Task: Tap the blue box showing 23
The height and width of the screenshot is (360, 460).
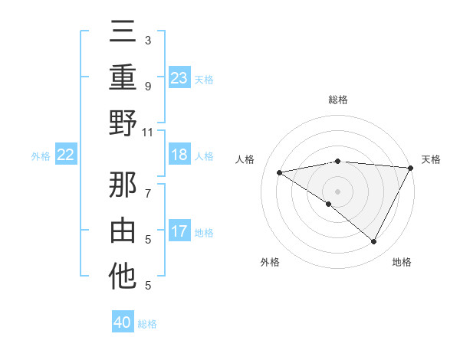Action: pyautogui.click(x=179, y=78)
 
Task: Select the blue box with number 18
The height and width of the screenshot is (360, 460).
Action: pyautogui.click(x=179, y=155)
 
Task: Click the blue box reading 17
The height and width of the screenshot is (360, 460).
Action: pyautogui.click(x=179, y=231)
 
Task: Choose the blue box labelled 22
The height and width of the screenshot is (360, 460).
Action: pyautogui.click(x=66, y=155)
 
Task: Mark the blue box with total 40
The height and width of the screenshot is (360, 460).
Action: pyautogui.click(x=123, y=322)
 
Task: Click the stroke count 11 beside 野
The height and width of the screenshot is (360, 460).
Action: pyautogui.click(x=149, y=132)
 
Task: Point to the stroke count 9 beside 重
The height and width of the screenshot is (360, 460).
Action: pyautogui.click(x=148, y=86)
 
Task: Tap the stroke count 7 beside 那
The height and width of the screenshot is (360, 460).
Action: pyautogui.click(x=148, y=185)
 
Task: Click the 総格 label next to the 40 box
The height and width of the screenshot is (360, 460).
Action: pyautogui.click(x=147, y=324)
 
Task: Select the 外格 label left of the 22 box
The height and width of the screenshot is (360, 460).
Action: pyautogui.click(x=41, y=156)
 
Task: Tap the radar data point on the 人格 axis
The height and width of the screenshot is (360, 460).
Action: pyautogui.click(x=280, y=172)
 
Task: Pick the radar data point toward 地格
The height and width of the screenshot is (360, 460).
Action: pyautogui.click(x=373, y=241)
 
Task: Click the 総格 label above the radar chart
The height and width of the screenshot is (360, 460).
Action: pyautogui.click(x=337, y=100)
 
